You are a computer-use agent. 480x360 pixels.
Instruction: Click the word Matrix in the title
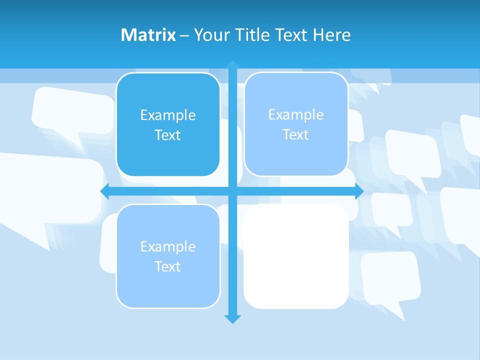point(148,35)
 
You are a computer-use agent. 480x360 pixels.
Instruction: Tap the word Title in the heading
point(252,35)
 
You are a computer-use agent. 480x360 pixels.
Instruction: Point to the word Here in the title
point(332,35)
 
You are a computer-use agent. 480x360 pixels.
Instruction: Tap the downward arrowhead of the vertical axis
point(232,318)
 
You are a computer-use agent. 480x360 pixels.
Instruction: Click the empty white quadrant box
point(296,256)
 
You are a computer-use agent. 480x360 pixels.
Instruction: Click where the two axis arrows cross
point(232,191)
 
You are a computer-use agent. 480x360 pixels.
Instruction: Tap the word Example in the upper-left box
point(168,115)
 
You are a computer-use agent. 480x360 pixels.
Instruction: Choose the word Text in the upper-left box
point(168,135)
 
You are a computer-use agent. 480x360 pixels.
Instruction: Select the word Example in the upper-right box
point(296,115)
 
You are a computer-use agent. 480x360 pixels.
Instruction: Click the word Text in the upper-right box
point(296,135)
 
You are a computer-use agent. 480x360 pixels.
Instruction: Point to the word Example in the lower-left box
point(168,247)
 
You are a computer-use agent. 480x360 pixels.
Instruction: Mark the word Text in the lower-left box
point(168,267)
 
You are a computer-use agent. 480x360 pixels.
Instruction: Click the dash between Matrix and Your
point(184,35)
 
